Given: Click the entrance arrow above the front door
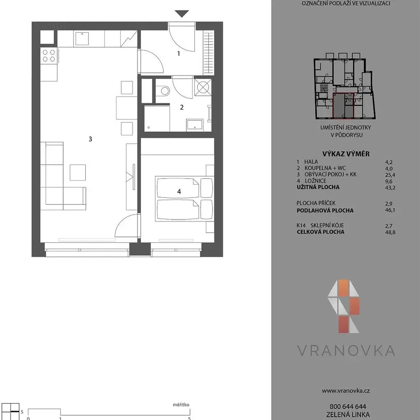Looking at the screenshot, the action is pos(182,13).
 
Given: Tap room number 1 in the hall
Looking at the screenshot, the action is pos(178,54).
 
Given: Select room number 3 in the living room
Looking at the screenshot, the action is pos(90,139).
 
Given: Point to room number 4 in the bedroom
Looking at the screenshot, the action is pos(179,192).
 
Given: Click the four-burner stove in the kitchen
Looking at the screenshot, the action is pos(49,56).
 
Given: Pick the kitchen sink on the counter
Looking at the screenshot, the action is pos(82,39).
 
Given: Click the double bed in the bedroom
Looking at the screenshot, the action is pos(184,199).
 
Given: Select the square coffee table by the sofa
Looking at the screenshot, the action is pos(78,173).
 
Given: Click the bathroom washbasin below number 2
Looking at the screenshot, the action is pos(195,125).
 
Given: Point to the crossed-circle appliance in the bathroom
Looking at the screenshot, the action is pos(203,87).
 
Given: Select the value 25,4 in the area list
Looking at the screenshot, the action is pos(390,175).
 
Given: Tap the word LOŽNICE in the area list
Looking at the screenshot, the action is pos(315,181).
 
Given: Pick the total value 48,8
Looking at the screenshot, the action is pos(390,232).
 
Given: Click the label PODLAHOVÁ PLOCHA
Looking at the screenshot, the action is pos(325,210).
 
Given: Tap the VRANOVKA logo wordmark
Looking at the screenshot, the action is pos(346,350).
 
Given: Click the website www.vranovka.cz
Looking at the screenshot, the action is pos(346,391).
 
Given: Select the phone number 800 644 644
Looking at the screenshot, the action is pos(348,407).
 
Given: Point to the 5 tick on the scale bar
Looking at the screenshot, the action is pos(190,418).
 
